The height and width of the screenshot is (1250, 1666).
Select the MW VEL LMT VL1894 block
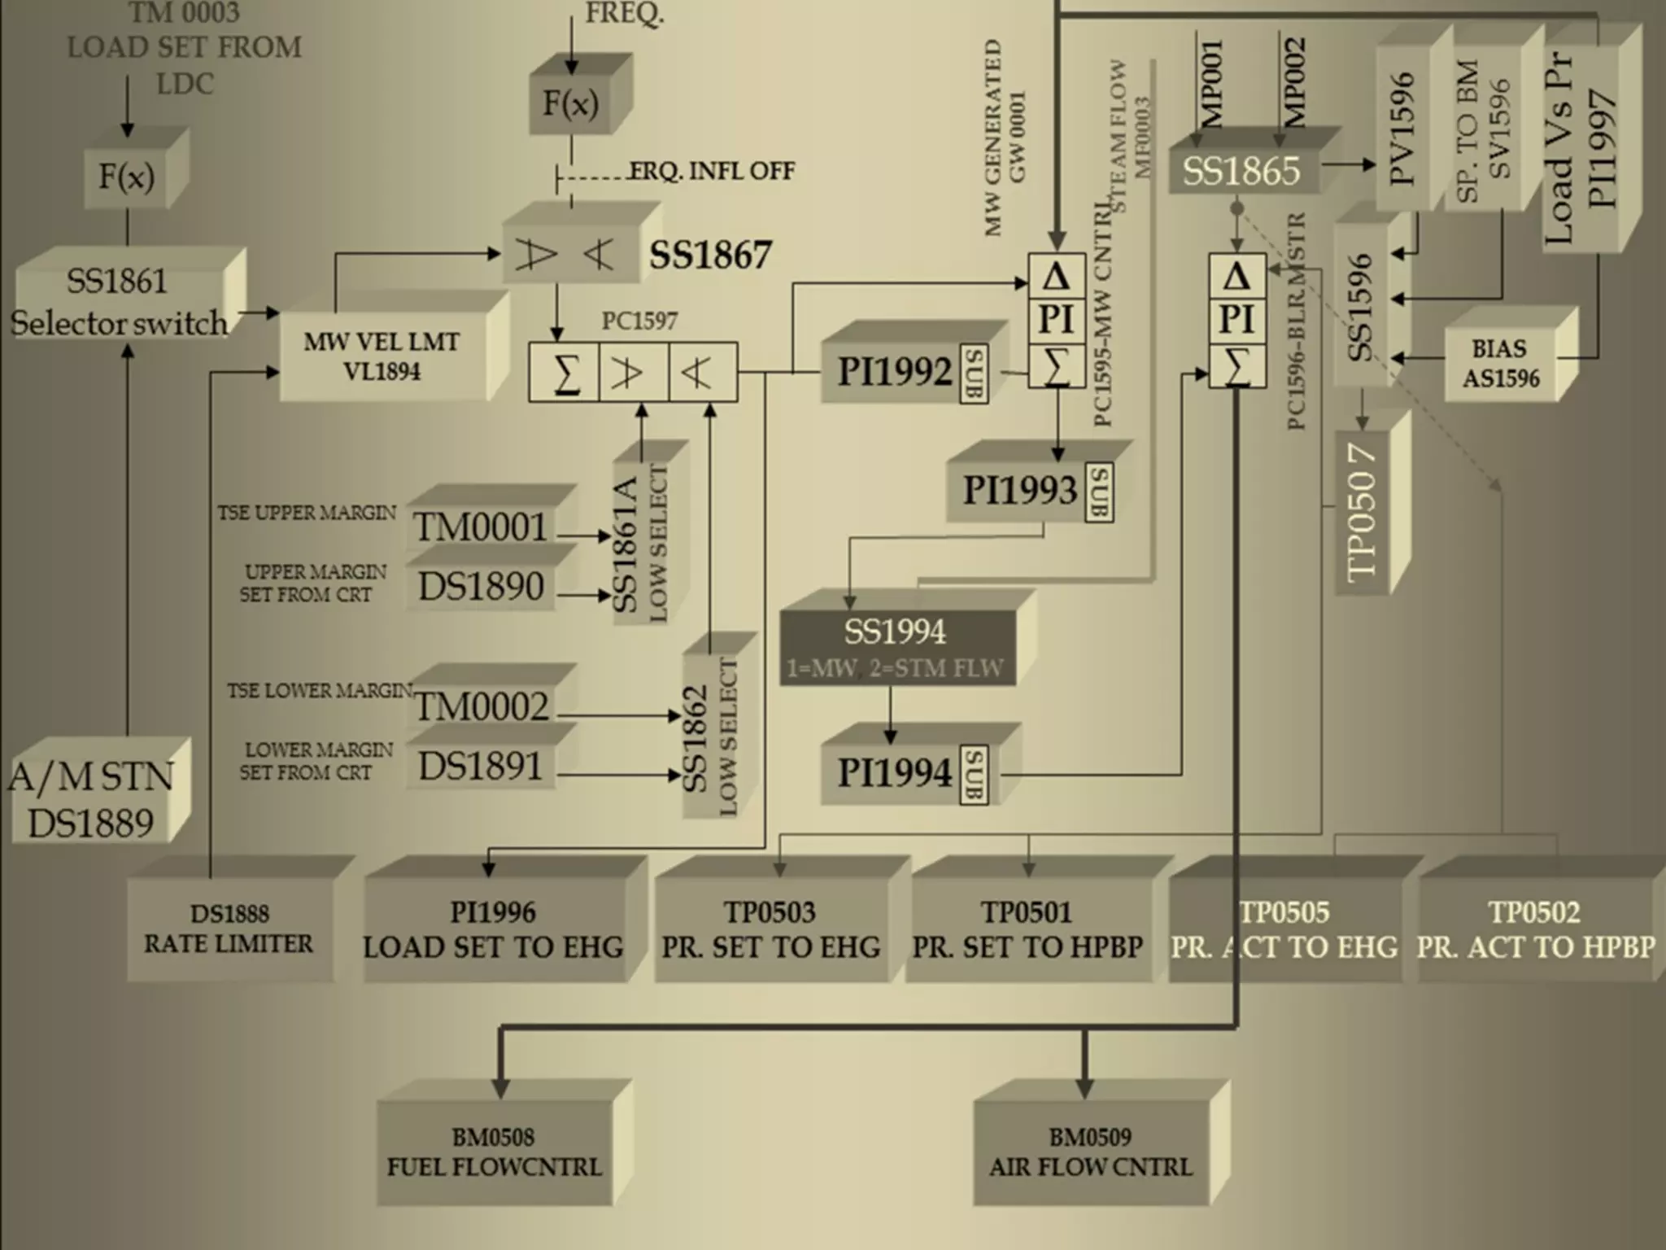click(382, 356)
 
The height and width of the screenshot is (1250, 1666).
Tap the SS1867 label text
click(709, 256)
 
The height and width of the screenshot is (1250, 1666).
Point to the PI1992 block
click(895, 372)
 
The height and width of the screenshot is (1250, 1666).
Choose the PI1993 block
click(1020, 490)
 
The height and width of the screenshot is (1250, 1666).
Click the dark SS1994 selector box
click(896, 648)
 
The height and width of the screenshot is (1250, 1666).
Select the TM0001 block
click(481, 527)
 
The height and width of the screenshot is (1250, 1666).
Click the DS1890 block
click(481, 587)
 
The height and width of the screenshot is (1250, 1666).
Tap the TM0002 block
click(482, 706)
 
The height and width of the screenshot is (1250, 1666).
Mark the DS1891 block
click(481, 767)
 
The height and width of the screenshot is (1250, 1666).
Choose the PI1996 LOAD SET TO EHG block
click(494, 929)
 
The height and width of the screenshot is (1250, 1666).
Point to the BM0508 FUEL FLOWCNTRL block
click(494, 1152)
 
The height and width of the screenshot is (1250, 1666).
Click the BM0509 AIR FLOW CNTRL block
click(1091, 1152)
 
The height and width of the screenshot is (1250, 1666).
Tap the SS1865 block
click(1241, 171)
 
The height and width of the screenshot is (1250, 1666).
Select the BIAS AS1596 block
click(1500, 364)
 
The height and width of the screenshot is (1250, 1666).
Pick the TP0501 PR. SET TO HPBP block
click(1027, 929)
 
